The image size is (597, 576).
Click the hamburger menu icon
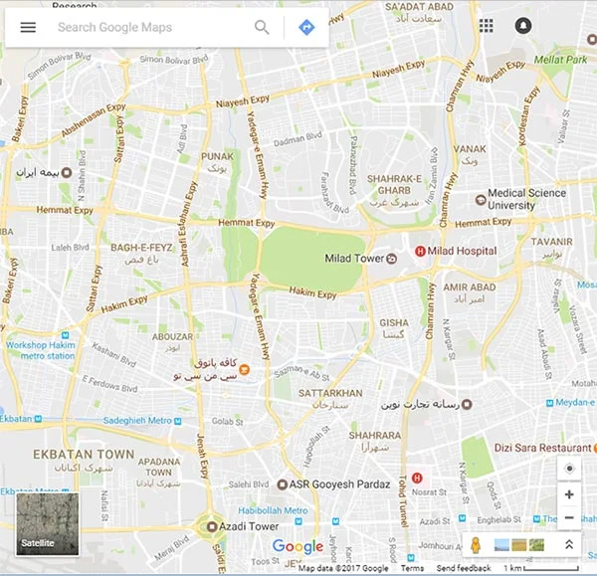pos(28,28)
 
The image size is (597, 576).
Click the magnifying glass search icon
pos(262,28)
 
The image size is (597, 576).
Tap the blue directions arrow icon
pos(306,28)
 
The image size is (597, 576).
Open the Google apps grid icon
pos(486,26)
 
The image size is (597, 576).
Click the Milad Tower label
pos(353,259)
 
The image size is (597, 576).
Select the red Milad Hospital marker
pos(420,252)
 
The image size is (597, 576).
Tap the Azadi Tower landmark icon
pos(210,526)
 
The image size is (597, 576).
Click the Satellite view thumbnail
pos(47,523)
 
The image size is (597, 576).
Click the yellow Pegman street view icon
pos(477,545)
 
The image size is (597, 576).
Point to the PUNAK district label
pos(217,157)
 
